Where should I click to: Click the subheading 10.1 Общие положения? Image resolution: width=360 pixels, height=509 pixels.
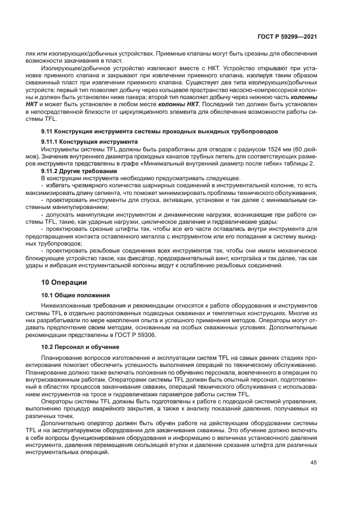[76, 295]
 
